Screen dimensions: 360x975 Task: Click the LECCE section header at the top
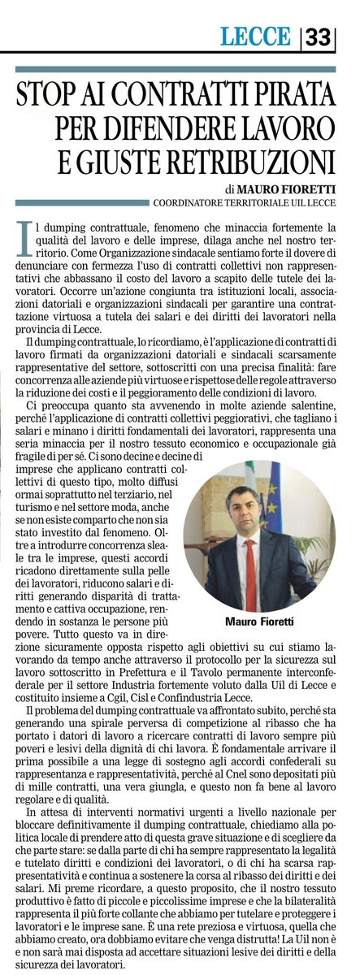[x=255, y=37]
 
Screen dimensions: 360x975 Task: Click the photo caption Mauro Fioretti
[x=259, y=622]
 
